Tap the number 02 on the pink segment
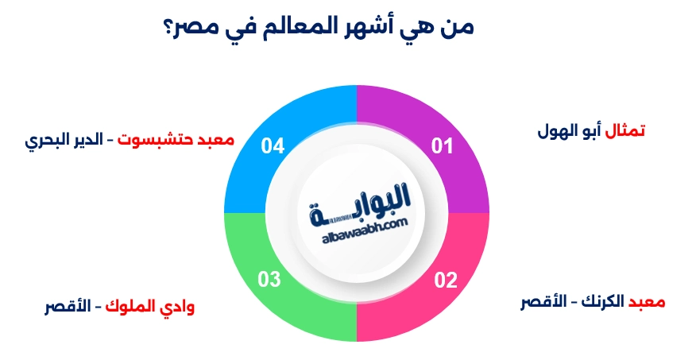446,280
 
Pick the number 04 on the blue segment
273,146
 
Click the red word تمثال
624,130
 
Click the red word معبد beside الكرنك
647,303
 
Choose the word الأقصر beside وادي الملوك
68,306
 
